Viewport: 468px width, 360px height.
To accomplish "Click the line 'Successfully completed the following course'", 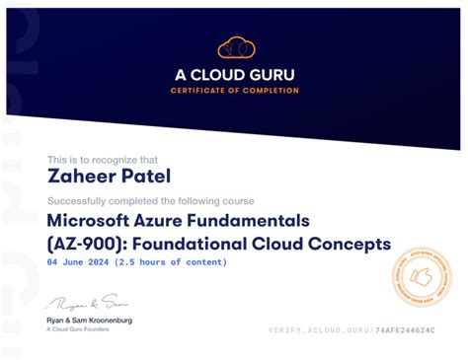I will click(150, 200).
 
